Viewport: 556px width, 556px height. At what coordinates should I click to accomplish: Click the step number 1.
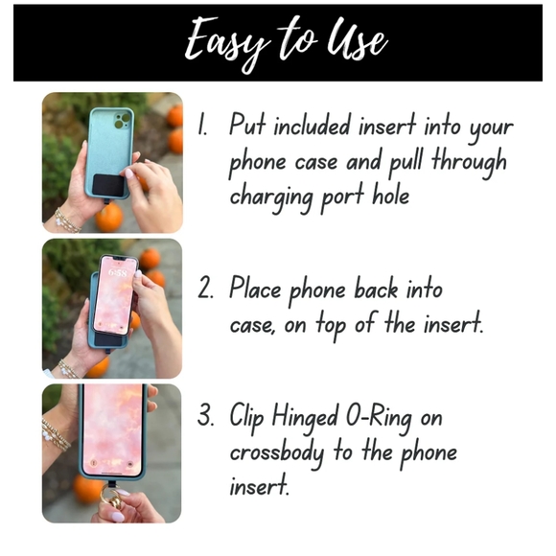click(202, 124)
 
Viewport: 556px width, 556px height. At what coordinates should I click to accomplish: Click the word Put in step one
click(247, 124)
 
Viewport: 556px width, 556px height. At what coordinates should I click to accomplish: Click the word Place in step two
click(255, 288)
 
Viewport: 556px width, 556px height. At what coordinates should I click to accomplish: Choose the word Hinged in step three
click(305, 417)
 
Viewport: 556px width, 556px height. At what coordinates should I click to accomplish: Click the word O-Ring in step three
click(379, 417)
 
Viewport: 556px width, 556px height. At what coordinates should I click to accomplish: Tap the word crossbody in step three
click(277, 453)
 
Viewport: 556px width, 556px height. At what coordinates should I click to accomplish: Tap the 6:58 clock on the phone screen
click(117, 272)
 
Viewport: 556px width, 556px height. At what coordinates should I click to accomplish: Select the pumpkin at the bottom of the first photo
click(109, 217)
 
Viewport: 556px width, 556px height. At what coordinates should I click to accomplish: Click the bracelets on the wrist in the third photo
click(57, 435)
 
